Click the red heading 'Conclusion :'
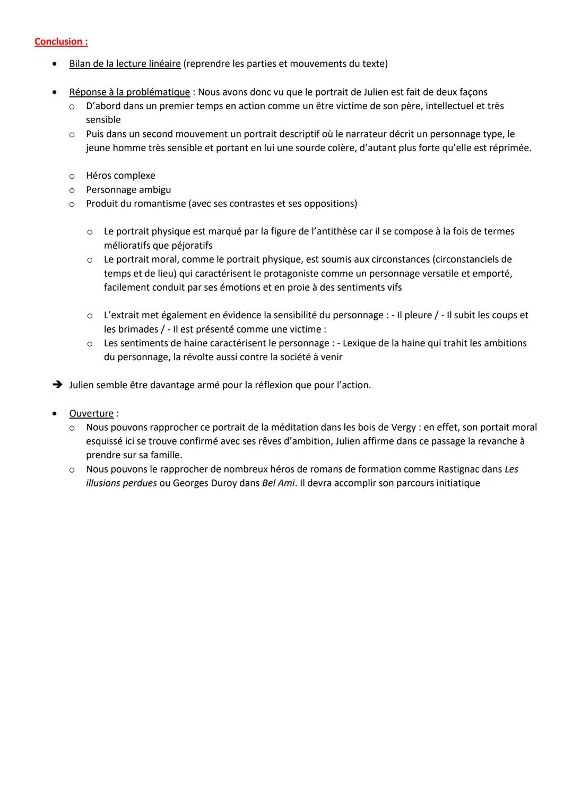(61, 41)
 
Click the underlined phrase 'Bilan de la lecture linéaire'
(125, 64)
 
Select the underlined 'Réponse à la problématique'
(129, 92)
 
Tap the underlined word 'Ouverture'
(91, 413)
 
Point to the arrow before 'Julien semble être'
(57, 385)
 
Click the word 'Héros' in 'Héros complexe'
(99, 176)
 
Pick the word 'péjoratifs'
(192, 245)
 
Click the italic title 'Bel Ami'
(278, 483)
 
